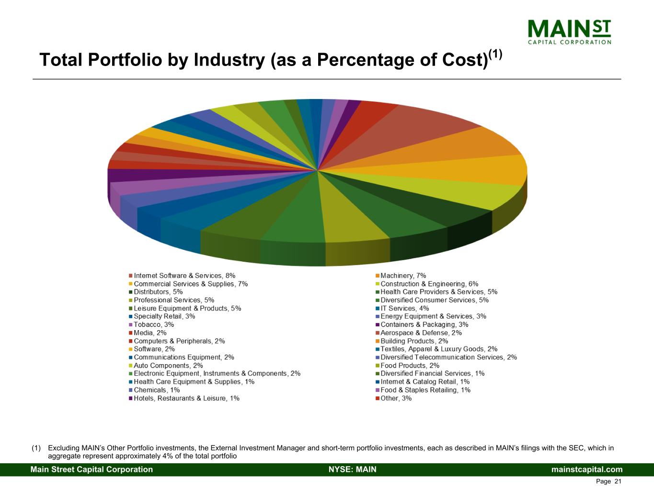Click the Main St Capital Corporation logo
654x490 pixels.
coord(569,32)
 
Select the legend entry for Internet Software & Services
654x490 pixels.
coord(184,276)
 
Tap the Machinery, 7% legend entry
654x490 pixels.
coord(403,276)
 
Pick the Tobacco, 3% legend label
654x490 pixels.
coord(154,324)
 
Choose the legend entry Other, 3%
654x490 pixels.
coord(396,398)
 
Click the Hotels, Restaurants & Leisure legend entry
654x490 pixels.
coord(186,398)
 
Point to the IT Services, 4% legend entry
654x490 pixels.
coord(404,308)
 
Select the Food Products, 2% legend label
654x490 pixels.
coord(410,366)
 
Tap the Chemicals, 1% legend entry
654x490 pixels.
coord(157,390)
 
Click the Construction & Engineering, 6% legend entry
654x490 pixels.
coord(429,284)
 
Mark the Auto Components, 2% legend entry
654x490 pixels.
coord(168,366)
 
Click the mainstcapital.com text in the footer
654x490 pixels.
coord(587,469)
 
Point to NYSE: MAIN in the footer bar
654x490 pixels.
coord(353,469)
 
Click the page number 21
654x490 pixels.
coord(618,481)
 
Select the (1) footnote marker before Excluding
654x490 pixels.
coord(36,448)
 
